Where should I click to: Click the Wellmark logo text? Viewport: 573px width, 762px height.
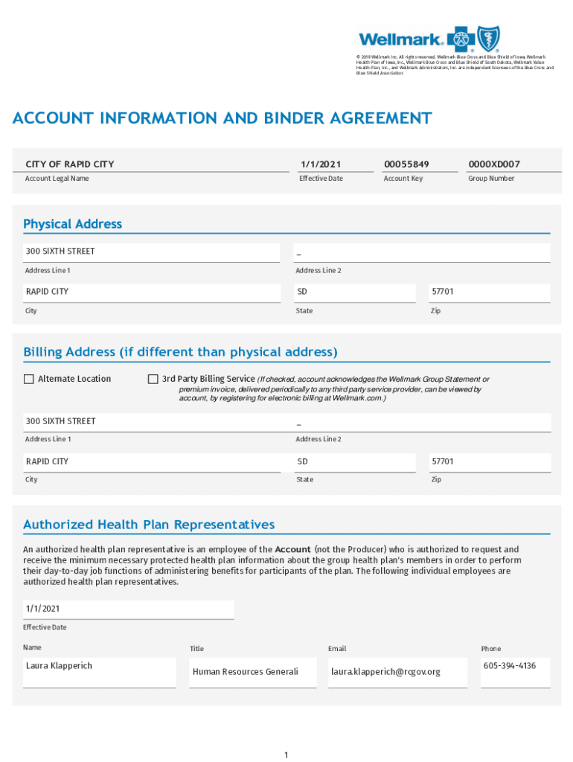(x=401, y=39)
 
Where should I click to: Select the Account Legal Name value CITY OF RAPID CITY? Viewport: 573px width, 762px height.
(x=70, y=164)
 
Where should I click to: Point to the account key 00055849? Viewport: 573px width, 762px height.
(x=406, y=164)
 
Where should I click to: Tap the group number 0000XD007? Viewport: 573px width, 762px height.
(x=494, y=164)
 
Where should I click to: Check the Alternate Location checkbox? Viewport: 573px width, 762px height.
(x=29, y=379)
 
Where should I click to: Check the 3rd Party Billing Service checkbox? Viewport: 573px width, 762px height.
(x=153, y=379)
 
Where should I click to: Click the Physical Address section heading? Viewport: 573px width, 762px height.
(x=72, y=224)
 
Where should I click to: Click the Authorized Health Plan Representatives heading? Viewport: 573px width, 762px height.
(x=149, y=525)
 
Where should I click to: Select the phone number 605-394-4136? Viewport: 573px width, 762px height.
(x=509, y=665)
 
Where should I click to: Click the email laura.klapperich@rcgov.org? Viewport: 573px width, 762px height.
(x=385, y=672)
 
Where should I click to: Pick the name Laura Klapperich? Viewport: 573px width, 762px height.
(x=59, y=665)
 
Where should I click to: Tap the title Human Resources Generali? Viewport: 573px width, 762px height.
(x=245, y=672)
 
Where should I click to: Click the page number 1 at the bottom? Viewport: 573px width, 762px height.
(x=286, y=755)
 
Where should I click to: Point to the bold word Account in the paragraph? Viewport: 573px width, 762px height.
(x=292, y=549)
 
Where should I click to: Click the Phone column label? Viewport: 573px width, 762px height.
(x=491, y=649)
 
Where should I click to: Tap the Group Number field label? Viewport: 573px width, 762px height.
(x=490, y=179)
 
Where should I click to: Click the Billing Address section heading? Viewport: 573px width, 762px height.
(x=180, y=351)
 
